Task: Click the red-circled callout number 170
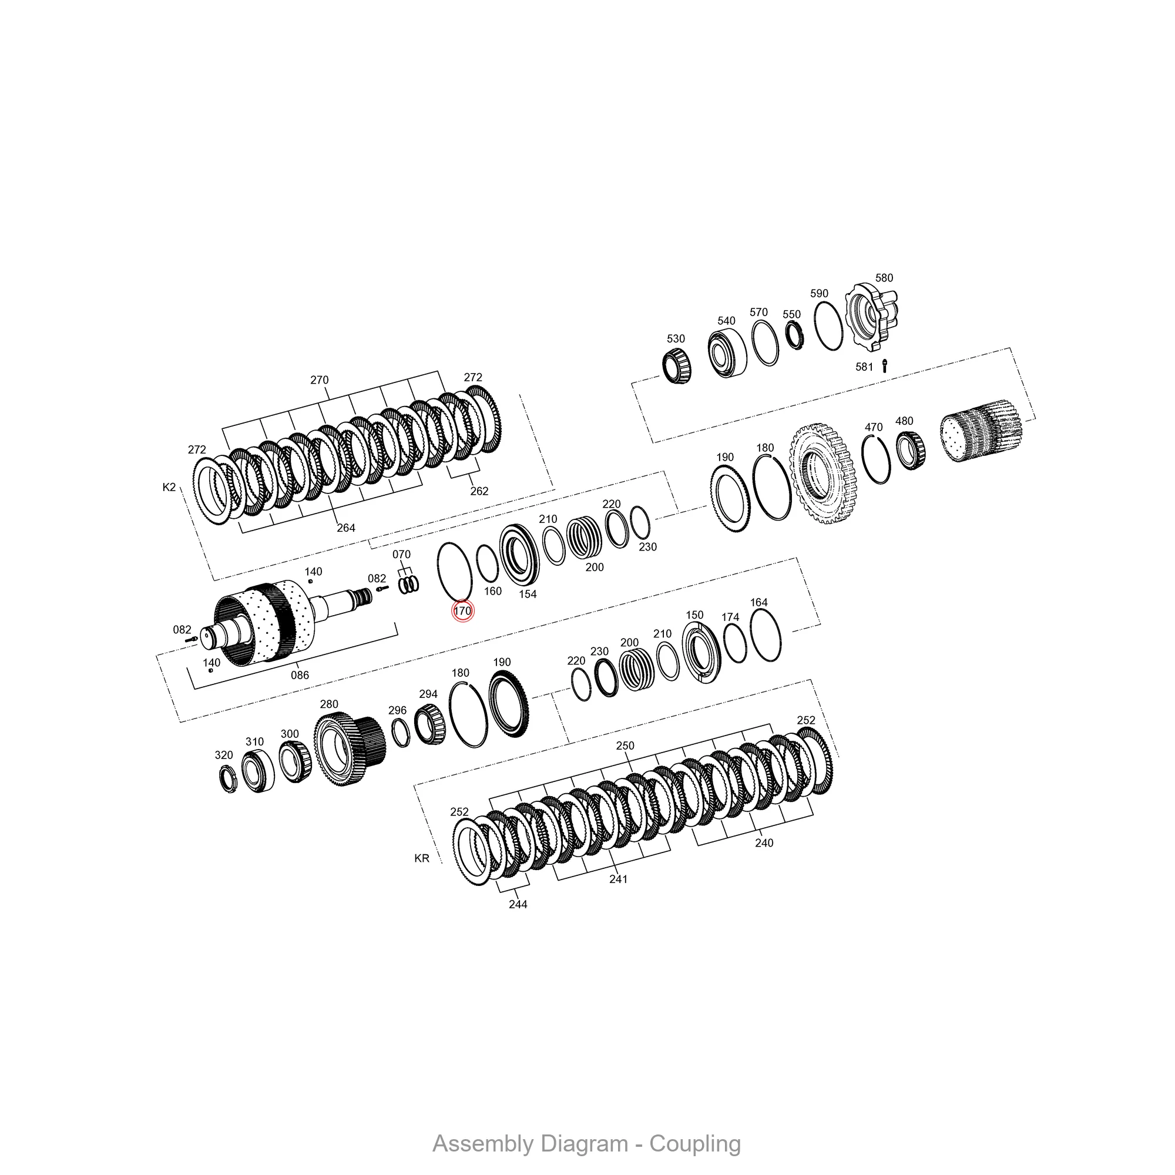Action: pos(462,610)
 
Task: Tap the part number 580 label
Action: pos(884,278)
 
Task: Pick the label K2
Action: pos(169,487)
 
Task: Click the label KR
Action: pos(421,858)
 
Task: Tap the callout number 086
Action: pos(300,674)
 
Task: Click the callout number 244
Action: pos(518,904)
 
